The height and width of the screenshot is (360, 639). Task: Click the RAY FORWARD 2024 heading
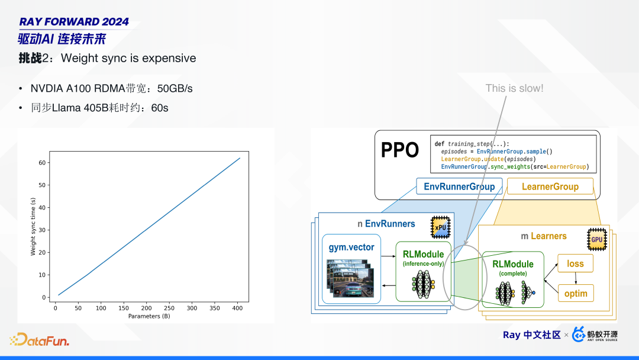[x=74, y=21]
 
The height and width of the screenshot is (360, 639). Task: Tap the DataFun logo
[x=40, y=340]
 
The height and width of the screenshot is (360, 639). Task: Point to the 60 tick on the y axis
[x=42, y=163]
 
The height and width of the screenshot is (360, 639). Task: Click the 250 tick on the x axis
[x=169, y=308]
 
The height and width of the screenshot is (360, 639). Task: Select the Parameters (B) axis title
[x=149, y=316]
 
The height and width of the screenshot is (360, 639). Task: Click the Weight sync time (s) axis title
[x=33, y=227]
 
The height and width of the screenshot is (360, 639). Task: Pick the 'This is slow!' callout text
[x=514, y=88]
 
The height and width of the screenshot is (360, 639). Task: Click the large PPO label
[x=400, y=150]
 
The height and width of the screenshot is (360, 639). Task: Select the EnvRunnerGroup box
[x=459, y=187]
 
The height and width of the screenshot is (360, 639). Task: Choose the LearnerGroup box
[x=550, y=187]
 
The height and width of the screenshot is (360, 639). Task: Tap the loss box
[x=576, y=263]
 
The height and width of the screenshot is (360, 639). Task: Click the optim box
[x=576, y=293]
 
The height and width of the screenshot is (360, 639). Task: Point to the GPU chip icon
[x=597, y=239]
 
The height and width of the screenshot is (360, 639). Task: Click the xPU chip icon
[x=441, y=227]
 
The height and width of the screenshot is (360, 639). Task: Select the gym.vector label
[x=351, y=247]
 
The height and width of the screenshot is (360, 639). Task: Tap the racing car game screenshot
[x=350, y=278]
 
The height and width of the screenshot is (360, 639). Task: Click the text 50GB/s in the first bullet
[x=175, y=88]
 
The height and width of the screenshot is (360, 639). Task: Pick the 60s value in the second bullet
[x=160, y=108]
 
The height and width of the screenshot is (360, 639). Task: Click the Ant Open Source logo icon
[x=579, y=335]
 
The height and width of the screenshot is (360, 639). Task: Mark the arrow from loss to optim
[x=576, y=278]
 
